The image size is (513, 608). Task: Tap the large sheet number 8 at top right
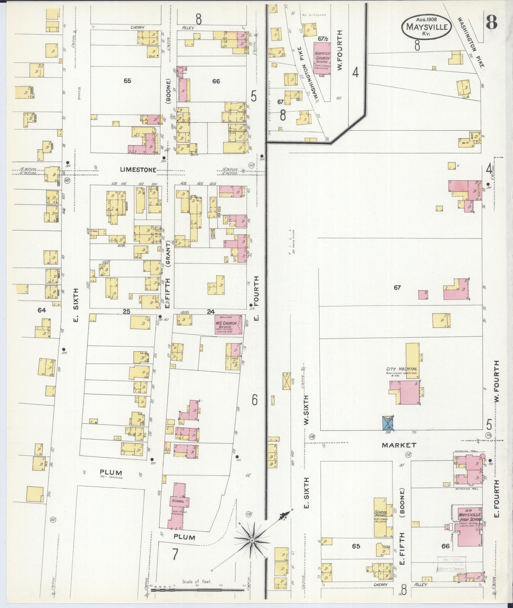491,23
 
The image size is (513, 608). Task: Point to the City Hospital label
402,369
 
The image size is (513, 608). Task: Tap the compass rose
252,540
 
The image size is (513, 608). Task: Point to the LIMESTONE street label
138,170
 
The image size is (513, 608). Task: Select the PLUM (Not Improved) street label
111,474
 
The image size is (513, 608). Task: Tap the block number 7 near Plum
175,555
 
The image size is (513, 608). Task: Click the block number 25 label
126,311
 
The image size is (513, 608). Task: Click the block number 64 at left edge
42,310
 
